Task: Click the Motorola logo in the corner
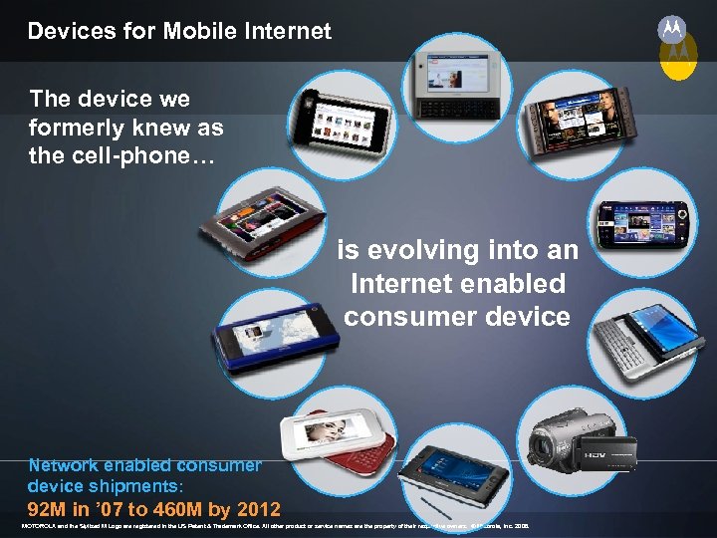pos(672,31)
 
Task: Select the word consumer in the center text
pos(409,317)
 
